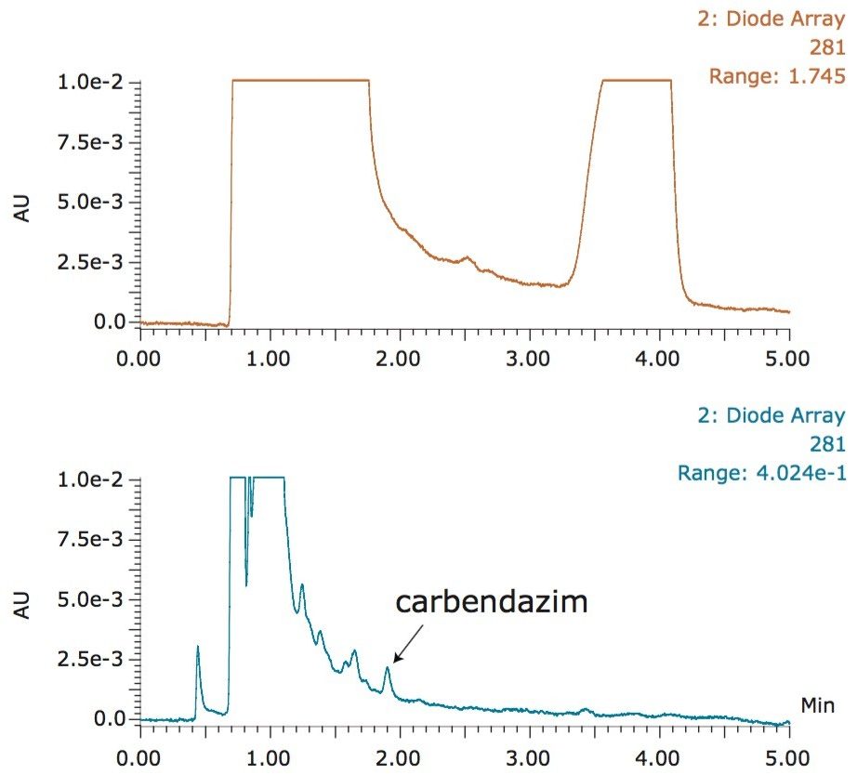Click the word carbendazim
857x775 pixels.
coord(492,601)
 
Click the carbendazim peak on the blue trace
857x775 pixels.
coord(388,669)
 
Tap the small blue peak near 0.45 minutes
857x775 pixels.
coord(198,649)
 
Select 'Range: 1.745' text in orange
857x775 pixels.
coord(777,76)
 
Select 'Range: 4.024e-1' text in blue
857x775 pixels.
coord(761,474)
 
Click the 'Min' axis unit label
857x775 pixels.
coord(817,706)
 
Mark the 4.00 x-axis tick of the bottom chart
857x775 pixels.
coord(659,755)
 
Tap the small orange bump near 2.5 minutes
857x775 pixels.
coord(468,258)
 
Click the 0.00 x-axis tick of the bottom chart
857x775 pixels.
coord(140,755)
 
